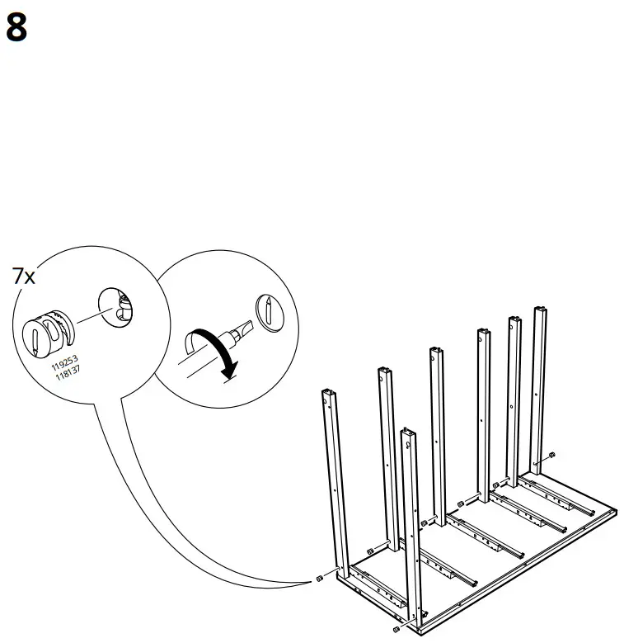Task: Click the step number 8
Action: [16, 28]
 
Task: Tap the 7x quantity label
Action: [24, 277]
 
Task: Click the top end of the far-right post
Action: [540, 311]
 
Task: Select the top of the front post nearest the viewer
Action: [406, 432]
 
